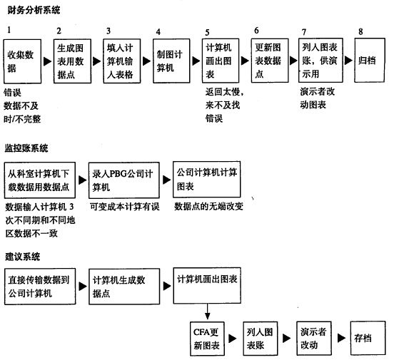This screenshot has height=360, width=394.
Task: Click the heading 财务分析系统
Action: [x=34, y=10]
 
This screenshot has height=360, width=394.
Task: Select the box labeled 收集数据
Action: [x=22, y=61]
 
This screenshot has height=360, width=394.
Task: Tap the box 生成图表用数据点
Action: [x=72, y=61]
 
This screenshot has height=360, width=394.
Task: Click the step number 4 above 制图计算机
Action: [x=158, y=32]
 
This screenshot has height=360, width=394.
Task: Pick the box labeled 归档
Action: [x=370, y=60]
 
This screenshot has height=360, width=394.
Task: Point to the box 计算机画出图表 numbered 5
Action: [x=221, y=61]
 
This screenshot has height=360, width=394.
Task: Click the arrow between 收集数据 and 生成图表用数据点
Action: [x=47, y=61]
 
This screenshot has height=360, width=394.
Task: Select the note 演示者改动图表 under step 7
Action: [x=318, y=98]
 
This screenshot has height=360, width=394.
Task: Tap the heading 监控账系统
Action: [x=26, y=148]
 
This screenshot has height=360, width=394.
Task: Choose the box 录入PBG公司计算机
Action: [x=124, y=180]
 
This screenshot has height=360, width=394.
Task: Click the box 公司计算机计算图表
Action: [x=207, y=179]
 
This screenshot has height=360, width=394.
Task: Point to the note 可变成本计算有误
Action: [x=125, y=207]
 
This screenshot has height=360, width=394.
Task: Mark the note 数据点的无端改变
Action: [x=209, y=206]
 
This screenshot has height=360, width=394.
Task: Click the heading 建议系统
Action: [x=23, y=257]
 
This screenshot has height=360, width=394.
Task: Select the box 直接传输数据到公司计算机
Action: [x=40, y=287]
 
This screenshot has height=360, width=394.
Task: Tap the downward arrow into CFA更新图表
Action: [x=207, y=312]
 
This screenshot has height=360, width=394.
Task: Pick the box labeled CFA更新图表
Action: [x=207, y=339]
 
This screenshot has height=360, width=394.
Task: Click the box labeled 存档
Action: [x=368, y=338]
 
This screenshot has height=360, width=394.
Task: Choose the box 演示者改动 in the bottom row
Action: [x=314, y=339]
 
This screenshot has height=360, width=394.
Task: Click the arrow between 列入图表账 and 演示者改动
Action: [x=286, y=338]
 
